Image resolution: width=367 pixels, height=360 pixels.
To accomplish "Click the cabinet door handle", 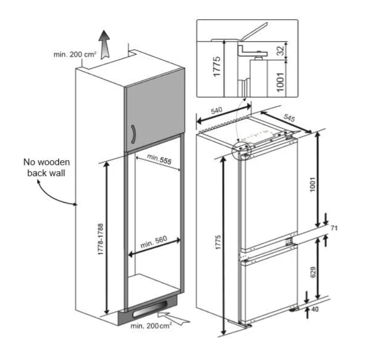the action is (133, 134).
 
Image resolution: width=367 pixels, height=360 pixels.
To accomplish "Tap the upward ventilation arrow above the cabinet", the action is (104, 44).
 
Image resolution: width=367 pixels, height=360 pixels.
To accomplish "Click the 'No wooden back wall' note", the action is (46, 167).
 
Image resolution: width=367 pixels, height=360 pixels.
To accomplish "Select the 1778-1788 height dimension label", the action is (100, 239).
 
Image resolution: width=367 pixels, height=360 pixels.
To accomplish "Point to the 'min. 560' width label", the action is (154, 242).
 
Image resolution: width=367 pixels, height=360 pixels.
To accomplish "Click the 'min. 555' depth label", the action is (159, 159).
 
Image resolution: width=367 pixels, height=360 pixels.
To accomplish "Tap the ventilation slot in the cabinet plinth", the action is (150, 310).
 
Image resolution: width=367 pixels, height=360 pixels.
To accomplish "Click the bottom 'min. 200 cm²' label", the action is (151, 325).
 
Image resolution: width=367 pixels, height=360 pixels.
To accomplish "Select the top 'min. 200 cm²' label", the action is (75, 55).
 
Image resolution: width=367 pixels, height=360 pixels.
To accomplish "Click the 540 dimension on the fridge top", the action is (216, 110).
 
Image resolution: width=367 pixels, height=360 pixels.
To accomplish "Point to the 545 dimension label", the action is (289, 118).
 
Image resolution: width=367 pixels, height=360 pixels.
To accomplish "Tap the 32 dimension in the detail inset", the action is (280, 51).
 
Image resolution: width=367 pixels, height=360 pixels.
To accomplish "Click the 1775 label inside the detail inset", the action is (217, 66).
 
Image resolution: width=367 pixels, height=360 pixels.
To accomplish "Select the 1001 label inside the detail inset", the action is (280, 82).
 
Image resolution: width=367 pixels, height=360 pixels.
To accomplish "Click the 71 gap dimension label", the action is (334, 228).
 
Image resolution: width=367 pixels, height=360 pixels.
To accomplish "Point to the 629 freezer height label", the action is (313, 272).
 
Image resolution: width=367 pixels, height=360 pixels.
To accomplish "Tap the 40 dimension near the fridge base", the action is (315, 309).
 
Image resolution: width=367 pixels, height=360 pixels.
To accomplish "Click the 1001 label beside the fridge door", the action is (313, 184).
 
